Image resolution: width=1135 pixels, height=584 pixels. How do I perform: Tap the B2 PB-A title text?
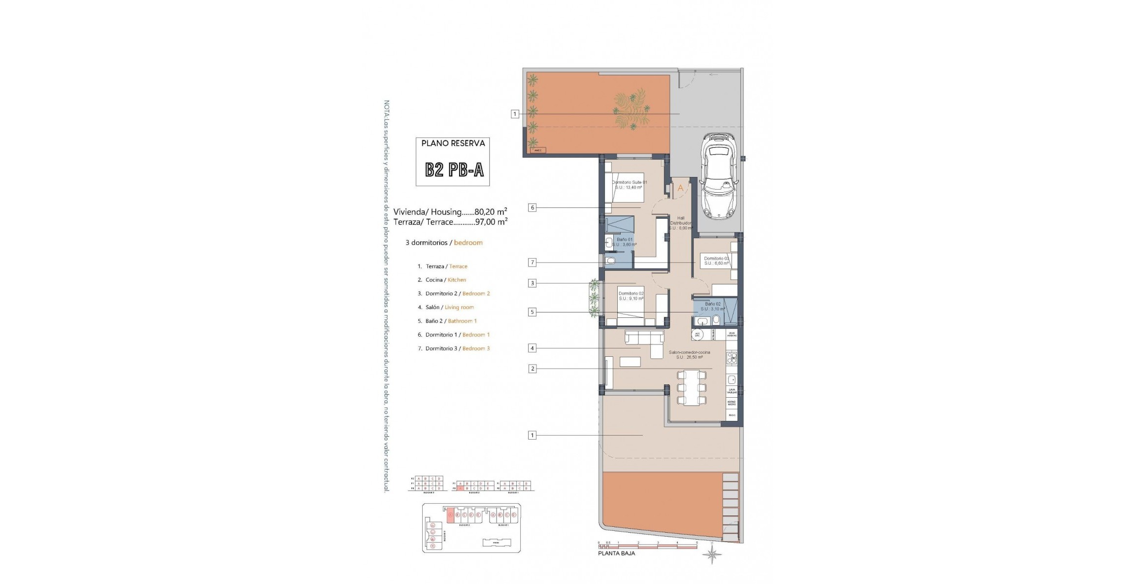click(x=454, y=170)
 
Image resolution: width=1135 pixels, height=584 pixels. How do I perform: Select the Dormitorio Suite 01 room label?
click(x=629, y=185)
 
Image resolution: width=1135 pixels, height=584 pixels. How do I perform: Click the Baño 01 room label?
click(x=624, y=241)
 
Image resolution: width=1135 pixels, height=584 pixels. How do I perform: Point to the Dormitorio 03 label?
click(x=716, y=261)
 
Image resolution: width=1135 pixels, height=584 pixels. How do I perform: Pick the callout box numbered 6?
click(x=532, y=208)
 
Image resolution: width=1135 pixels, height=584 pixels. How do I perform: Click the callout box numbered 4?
click(x=532, y=348)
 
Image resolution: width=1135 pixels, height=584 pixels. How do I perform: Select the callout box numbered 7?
click(x=532, y=263)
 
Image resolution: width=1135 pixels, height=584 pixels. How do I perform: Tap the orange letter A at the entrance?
click(x=680, y=188)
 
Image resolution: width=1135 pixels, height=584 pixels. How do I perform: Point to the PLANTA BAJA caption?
click(x=616, y=553)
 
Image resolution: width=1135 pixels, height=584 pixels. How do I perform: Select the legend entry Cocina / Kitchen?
click(x=441, y=280)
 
